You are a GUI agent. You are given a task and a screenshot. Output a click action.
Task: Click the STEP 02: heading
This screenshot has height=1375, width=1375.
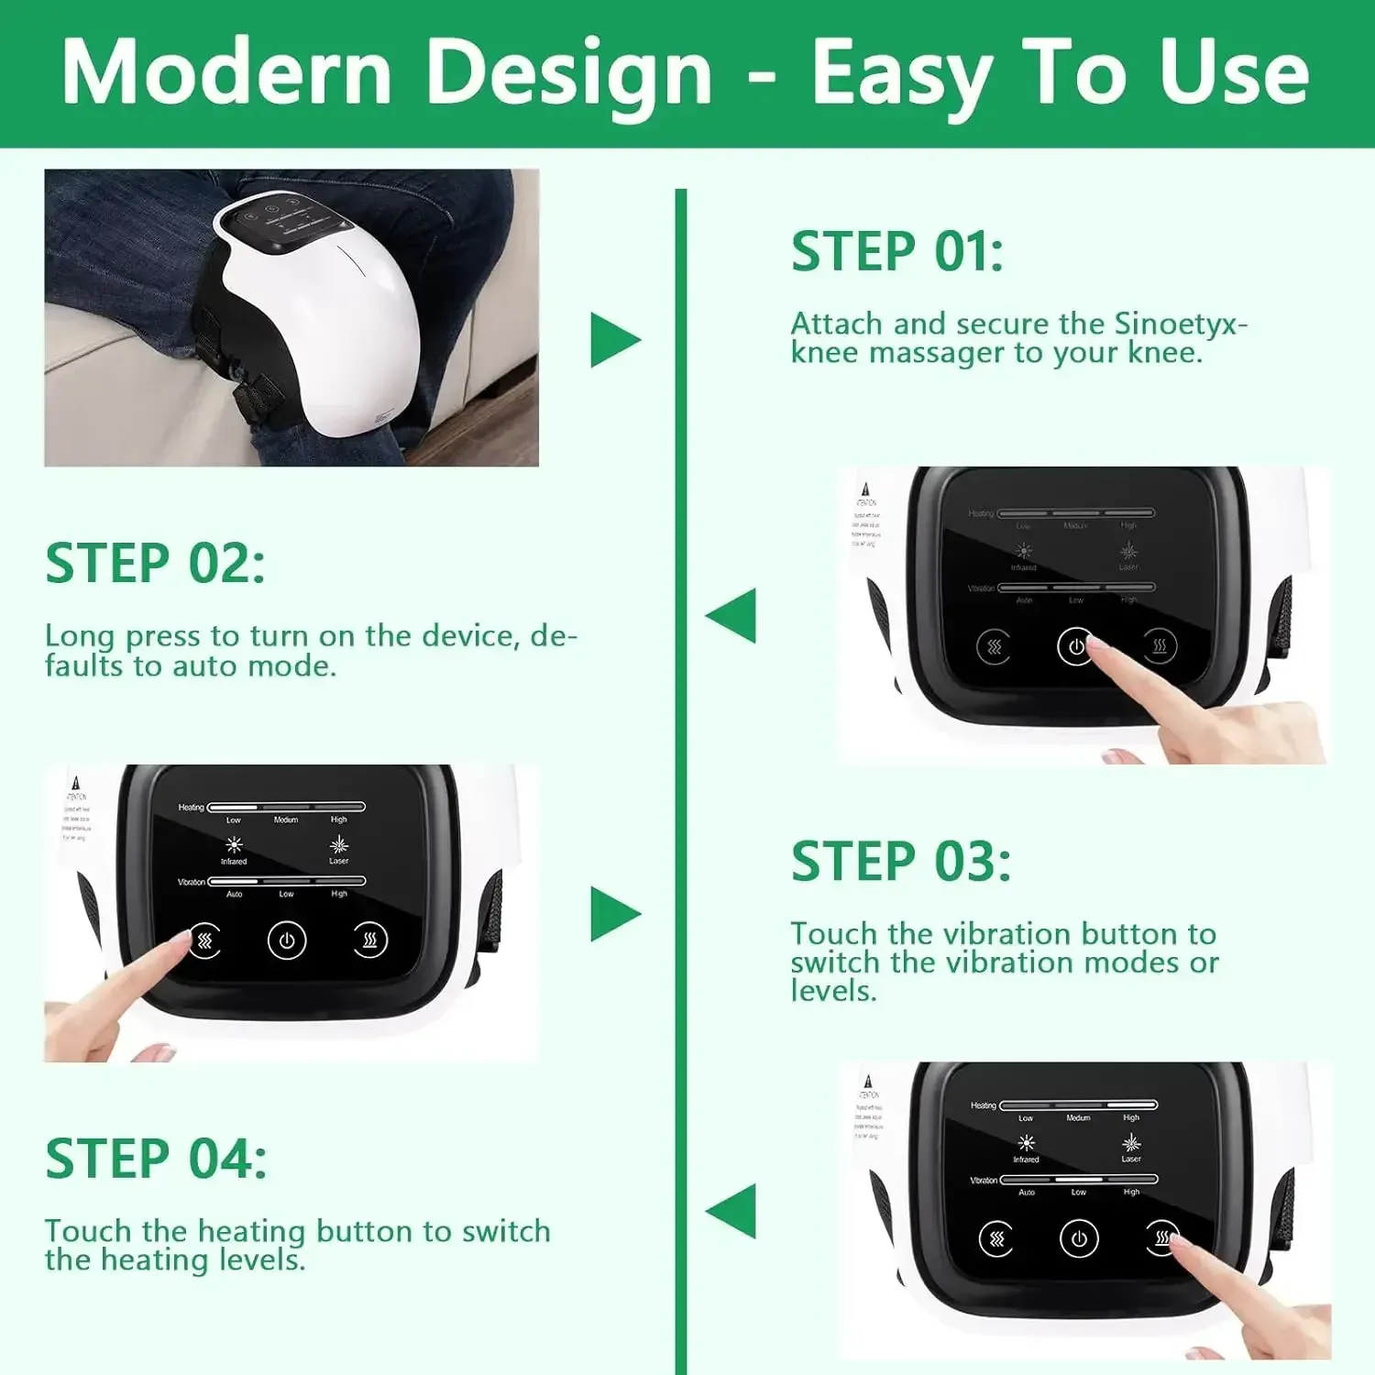coord(155,563)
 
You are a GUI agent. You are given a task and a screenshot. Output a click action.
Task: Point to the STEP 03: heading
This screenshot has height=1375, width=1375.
coord(901,862)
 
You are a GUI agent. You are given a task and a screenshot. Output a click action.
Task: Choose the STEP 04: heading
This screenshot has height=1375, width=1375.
coord(156,1159)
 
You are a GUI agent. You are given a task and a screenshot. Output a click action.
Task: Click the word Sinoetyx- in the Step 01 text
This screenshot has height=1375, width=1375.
coord(1181,324)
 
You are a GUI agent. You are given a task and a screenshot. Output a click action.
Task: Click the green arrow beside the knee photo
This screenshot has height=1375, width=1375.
coord(615,340)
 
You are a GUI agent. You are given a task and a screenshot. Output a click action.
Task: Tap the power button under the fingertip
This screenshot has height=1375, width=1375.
coord(1075,646)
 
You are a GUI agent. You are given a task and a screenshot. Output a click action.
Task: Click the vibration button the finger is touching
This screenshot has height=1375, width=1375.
coord(205,940)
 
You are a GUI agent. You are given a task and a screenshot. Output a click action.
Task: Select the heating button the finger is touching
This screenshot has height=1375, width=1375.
coord(1161,1238)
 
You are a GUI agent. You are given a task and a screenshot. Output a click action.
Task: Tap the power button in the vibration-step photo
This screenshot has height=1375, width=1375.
coord(287,940)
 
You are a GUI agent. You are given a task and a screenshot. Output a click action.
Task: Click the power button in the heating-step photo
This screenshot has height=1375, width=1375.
coord(1079,1239)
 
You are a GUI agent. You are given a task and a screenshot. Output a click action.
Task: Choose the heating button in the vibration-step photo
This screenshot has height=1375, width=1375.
coord(370,940)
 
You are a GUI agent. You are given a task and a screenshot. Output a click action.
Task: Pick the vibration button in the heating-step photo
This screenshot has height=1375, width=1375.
coord(996,1239)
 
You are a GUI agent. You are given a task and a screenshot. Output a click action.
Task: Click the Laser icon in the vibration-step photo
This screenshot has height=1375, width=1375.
coord(339,844)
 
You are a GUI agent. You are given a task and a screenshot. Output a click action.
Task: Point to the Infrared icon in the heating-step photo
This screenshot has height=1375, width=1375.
coord(1026,1143)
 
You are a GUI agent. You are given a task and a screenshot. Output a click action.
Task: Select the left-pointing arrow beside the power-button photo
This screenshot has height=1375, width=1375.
coord(731,615)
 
